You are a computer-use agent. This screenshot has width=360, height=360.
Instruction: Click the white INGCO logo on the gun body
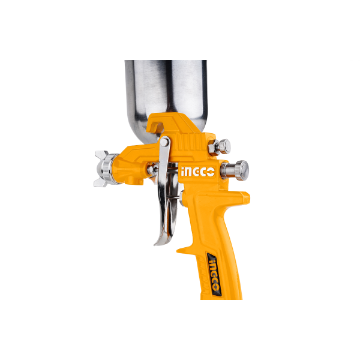(197, 172)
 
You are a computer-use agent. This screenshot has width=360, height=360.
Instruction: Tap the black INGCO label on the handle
(214, 275)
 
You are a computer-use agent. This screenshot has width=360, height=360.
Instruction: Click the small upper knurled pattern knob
(224, 146)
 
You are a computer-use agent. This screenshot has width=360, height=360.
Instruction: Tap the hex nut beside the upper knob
(213, 148)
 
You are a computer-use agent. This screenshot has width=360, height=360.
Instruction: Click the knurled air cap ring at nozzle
(107, 169)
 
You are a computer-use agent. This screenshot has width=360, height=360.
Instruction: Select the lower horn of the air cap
(100, 183)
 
